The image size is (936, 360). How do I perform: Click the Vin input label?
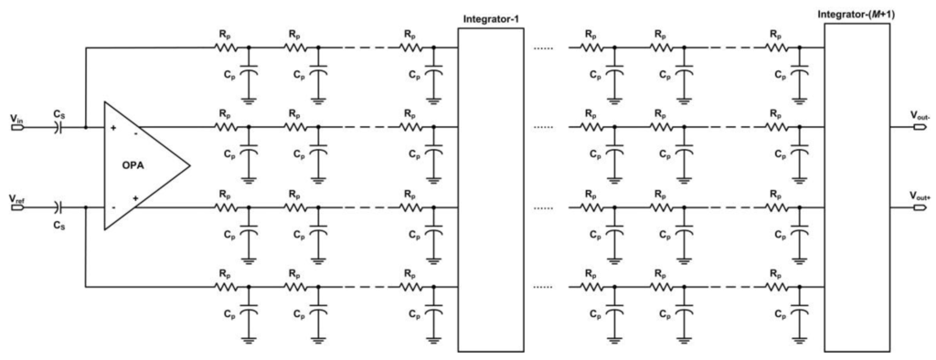17,118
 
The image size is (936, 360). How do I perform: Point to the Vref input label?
17,197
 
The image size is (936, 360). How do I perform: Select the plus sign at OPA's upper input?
112,128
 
